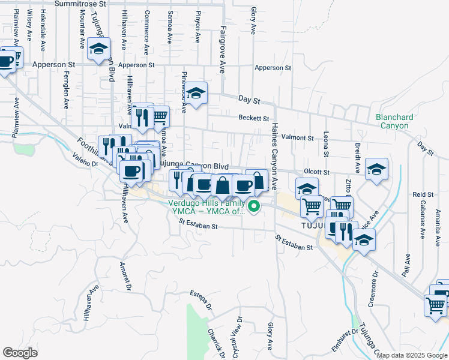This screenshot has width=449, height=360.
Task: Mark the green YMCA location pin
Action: (254, 208)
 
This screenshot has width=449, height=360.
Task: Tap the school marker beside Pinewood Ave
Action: (196, 93)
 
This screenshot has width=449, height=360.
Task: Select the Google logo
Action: (20, 352)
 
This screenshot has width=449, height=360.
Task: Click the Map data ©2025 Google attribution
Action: (411, 355)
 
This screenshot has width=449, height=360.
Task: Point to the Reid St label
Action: (423, 195)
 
